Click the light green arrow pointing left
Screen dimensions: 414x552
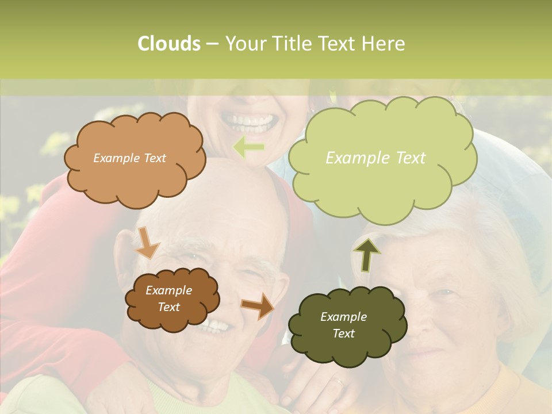[x=248, y=148]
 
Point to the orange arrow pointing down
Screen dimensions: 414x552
[x=147, y=243]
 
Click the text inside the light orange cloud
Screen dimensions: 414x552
[x=129, y=158]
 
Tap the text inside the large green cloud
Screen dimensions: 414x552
[x=375, y=158]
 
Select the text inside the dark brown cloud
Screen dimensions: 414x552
[x=169, y=298]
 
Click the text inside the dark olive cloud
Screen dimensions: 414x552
[x=343, y=325]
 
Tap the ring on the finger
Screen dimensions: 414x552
[x=339, y=381]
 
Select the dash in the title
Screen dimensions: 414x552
[x=212, y=44]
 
